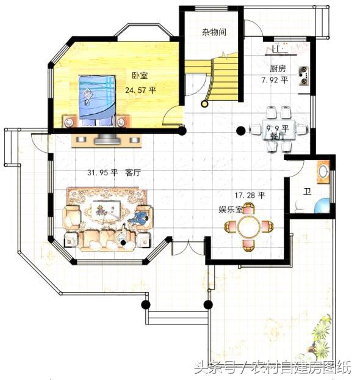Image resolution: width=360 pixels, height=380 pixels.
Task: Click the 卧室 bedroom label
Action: [140, 75]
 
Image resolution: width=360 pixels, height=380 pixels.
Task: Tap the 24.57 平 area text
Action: [140, 90]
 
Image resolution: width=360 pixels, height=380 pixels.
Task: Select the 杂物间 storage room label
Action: [214, 32]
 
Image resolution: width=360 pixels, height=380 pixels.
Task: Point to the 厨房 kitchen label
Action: [278, 68]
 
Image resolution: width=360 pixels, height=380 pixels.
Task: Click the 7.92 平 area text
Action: [275, 79]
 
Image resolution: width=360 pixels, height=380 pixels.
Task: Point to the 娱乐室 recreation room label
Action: [231, 210]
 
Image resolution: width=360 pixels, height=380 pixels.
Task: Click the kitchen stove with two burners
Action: [303, 75]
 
